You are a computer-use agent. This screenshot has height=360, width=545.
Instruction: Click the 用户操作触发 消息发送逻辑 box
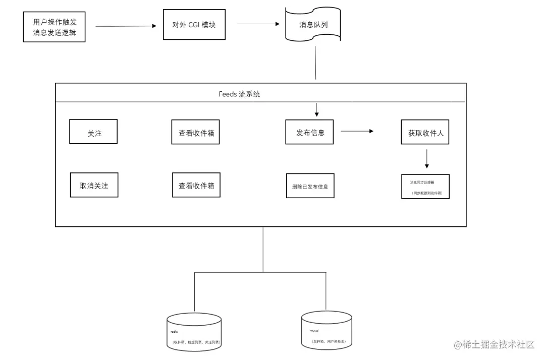click(x=54, y=27)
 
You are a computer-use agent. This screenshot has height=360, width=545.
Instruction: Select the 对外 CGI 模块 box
click(x=194, y=24)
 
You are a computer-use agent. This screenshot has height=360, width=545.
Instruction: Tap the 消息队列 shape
click(x=313, y=24)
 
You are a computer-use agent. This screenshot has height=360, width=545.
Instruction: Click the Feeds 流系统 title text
click(x=239, y=94)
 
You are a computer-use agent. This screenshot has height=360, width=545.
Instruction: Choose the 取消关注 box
click(x=94, y=185)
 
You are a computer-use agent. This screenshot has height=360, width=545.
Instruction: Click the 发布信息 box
click(x=310, y=132)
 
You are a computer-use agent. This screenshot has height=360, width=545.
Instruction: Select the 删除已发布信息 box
click(x=310, y=186)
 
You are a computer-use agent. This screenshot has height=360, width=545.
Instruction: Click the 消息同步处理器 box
click(x=425, y=187)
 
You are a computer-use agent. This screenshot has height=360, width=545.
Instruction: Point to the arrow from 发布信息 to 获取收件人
click(x=357, y=131)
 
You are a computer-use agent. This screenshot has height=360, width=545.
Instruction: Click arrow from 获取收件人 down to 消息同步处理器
click(x=427, y=158)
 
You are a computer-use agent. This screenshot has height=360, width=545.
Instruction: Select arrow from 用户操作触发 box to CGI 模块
click(x=126, y=26)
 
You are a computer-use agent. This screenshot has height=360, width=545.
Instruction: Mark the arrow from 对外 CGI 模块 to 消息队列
click(x=258, y=24)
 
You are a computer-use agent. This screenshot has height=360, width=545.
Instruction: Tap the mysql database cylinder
click(x=326, y=330)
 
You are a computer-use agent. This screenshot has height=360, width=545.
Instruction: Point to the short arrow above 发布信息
click(x=316, y=109)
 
